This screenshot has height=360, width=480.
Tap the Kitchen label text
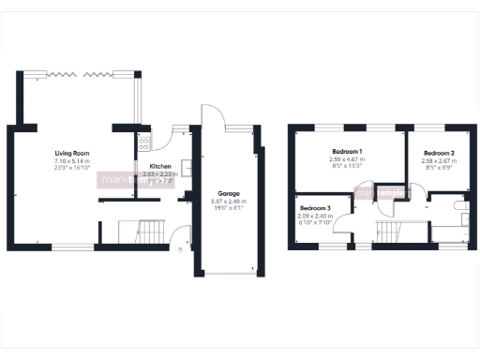coord(159,165)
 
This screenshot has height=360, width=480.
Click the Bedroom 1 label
coord(347,151)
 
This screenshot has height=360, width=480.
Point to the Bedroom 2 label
coord(438,153)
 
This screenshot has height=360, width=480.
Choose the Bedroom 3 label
coord(315,207)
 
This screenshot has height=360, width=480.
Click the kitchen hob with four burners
coord(144,143)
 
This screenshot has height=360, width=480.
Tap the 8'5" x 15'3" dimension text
coord(347,166)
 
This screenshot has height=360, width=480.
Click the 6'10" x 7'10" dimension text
coord(315,222)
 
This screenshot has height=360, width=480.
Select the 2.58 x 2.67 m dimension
coord(438,160)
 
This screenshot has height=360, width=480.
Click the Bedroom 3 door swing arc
coord(343,221)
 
